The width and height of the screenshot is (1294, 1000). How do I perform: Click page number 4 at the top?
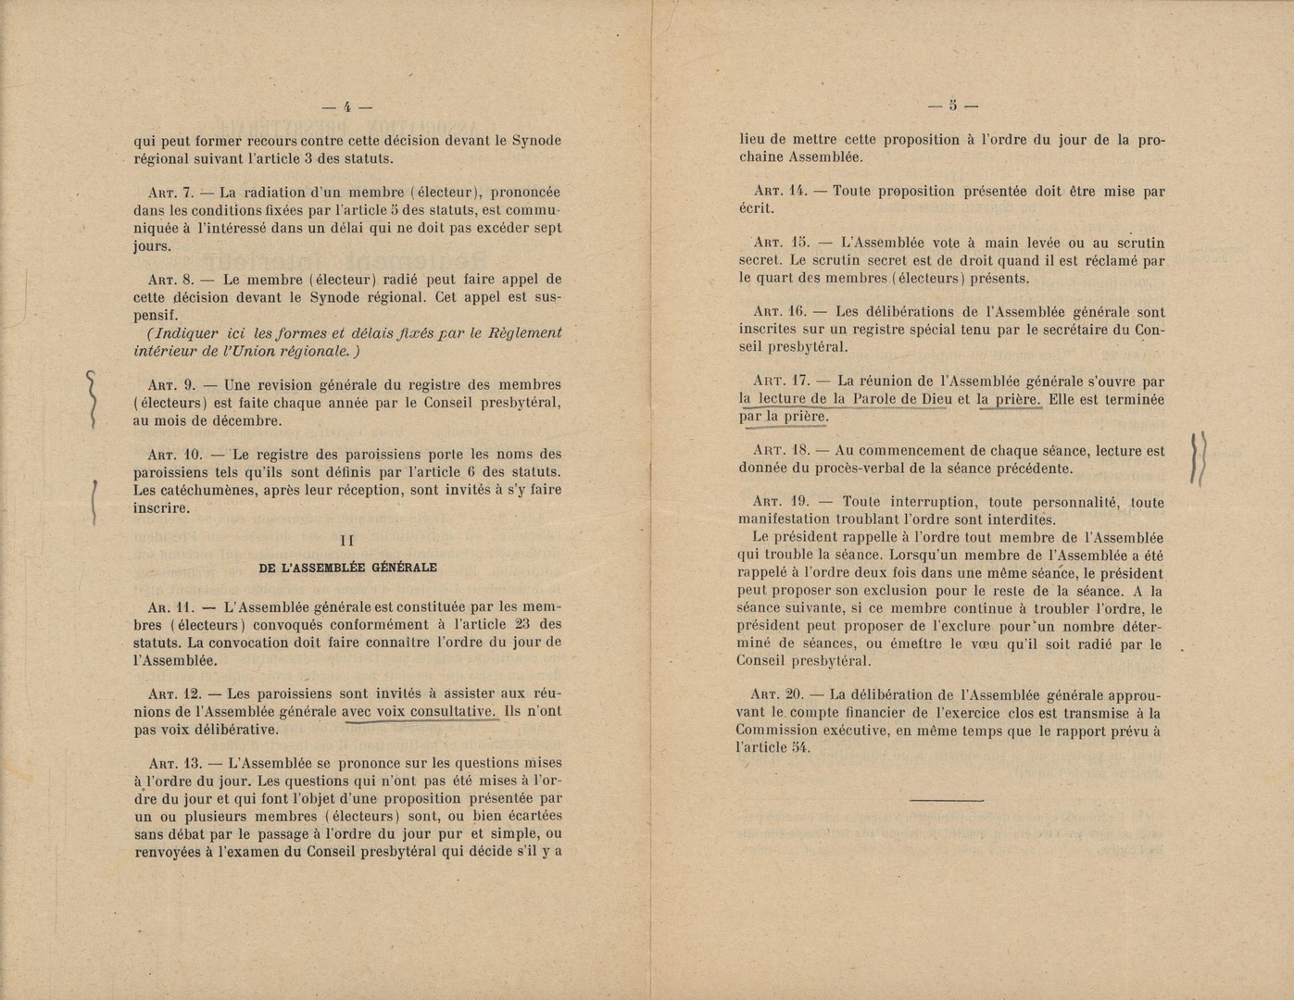pyautogui.click(x=346, y=107)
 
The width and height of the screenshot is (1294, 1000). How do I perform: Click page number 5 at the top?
pyautogui.click(x=952, y=105)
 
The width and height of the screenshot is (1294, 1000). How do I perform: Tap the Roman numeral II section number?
pyautogui.click(x=347, y=540)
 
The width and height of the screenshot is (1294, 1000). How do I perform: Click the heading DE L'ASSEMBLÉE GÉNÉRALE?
pyautogui.click(x=348, y=568)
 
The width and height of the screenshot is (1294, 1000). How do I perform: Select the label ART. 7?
pyautogui.click(x=170, y=194)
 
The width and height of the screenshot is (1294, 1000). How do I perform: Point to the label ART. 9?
pyautogui.click(x=170, y=385)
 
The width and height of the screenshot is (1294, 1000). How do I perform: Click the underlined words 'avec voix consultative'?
pyautogui.click(x=419, y=712)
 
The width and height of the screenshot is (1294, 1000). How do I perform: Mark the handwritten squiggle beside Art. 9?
pyautogui.click(x=92, y=398)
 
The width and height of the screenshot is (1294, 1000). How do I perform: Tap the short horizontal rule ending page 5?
pyautogui.click(x=946, y=800)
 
